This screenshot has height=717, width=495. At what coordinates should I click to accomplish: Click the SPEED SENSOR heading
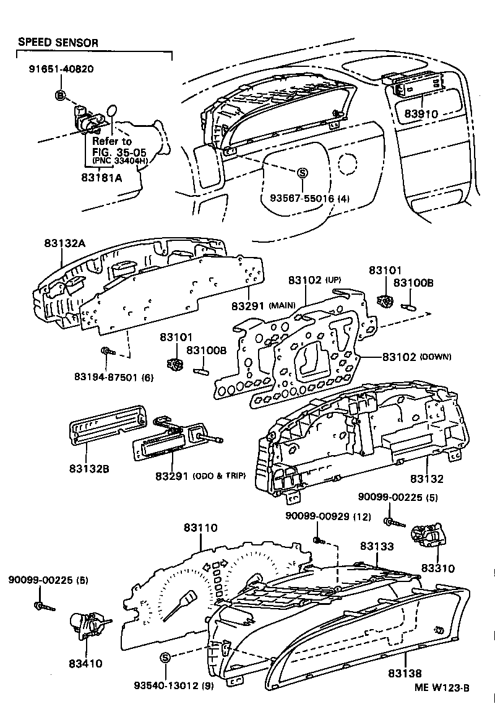point(58,43)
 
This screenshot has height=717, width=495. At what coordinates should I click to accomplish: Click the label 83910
point(421,115)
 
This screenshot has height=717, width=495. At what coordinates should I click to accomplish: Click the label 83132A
point(64,244)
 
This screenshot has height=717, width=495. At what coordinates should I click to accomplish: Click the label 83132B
point(89,469)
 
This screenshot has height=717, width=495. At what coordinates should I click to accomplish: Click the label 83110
point(201,528)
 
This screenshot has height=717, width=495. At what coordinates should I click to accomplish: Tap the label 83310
point(439,568)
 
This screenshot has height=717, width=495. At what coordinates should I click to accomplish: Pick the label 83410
point(85,663)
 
